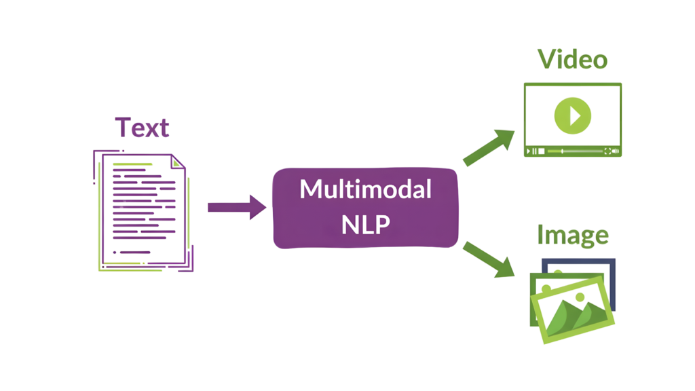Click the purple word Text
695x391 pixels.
tap(142, 128)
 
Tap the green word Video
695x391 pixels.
tap(572, 60)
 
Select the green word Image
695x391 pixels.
tap(572, 235)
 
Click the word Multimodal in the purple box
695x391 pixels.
tap(365, 189)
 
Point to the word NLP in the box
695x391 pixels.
tap(365, 223)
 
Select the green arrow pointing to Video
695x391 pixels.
tap(489, 146)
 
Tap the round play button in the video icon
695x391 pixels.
tap(572, 115)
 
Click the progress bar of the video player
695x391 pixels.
tap(580, 150)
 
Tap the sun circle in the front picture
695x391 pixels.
tap(579, 297)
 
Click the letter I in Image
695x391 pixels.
tap(540, 235)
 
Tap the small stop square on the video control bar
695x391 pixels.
tap(541, 151)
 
